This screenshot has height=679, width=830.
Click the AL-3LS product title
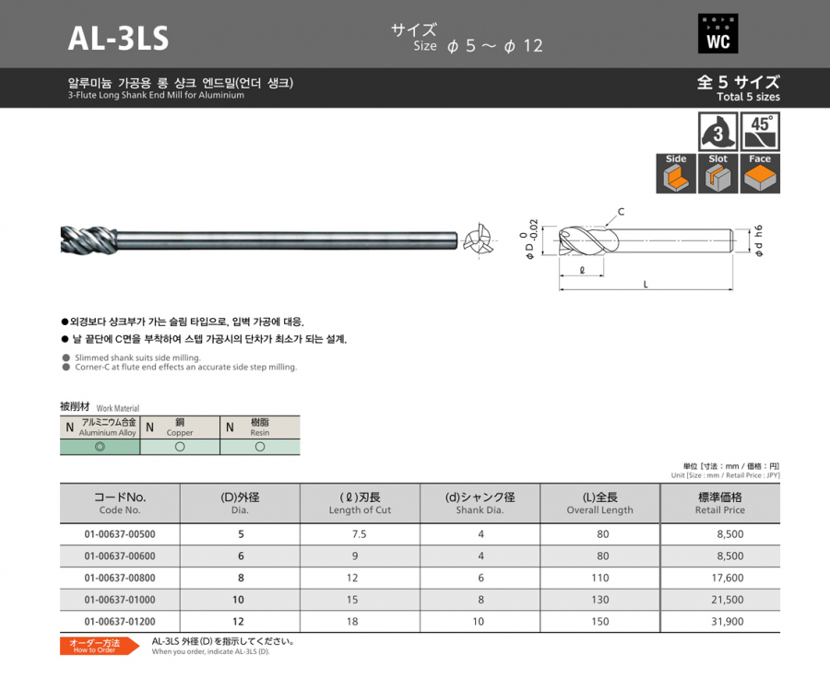118,39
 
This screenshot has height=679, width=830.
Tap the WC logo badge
717,33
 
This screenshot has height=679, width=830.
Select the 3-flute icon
717,132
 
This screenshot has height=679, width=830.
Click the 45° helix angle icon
760,132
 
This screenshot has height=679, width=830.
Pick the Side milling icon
676,173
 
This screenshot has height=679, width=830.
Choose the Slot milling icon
717,173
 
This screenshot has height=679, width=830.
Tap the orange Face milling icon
760,173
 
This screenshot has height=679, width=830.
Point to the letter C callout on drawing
621,212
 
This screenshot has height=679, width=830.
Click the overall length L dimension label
646,285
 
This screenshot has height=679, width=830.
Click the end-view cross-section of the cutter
479,241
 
